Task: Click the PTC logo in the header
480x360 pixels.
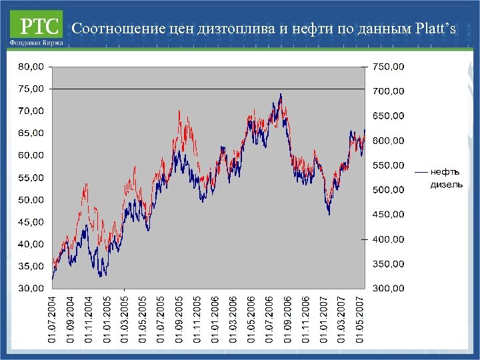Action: pos(37,25)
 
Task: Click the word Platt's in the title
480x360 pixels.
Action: pos(436,29)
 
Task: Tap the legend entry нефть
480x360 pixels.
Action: pos(443,172)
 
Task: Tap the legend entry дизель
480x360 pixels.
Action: pos(446,185)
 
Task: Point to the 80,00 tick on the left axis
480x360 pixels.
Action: pos(30,67)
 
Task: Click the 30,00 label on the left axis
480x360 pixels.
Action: pos(30,289)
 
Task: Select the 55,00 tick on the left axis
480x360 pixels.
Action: pos(30,177)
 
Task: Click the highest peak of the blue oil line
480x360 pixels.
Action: pos(281,95)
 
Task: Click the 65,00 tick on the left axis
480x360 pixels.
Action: pos(30,133)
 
